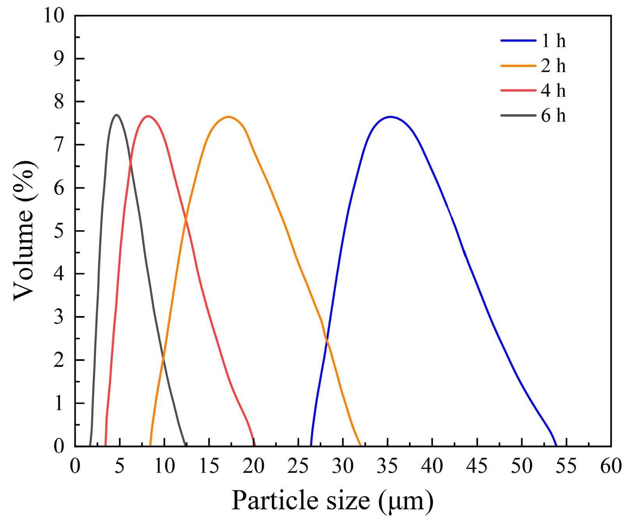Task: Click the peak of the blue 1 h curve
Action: click(x=390, y=117)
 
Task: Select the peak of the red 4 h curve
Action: click(x=148, y=116)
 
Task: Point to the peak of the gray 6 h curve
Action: click(x=116, y=115)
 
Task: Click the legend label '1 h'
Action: click(x=553, y=41)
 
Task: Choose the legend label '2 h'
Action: click(x=553, y=66)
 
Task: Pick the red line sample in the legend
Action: click(x=518, y=90)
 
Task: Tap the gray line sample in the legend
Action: click(x=518, y=115)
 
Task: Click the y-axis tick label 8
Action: click(x=59, y=102)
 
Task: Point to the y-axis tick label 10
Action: click(x=54, y=16)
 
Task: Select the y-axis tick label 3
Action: click(x=59, y=317)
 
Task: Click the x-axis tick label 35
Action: click(x=387, y=466)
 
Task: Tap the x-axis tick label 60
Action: click(x=611, y=466)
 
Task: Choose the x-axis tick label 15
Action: click(x=209, y=466)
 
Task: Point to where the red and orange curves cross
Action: click(x=186, y=220)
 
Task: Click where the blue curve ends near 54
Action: click(x=556, y=445)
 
